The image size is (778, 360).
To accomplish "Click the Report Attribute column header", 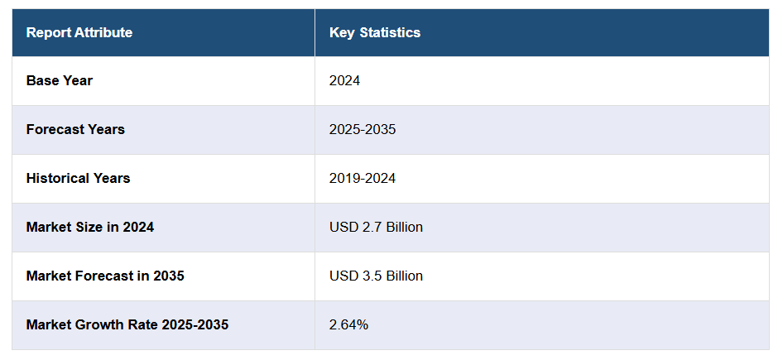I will (x=79, y=33).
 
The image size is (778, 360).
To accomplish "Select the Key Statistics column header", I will (x=374, y=33).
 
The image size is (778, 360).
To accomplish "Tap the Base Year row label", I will (x=60, y=81).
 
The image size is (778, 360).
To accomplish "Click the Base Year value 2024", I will (x=344, y=81).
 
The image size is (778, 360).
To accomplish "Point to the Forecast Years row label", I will (x=75, y=130).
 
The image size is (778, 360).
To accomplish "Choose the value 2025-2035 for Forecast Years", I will (x=362, y=130).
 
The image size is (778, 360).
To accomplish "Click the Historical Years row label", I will (x=78, y=179).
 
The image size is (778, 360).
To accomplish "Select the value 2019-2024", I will (x=362, y=179).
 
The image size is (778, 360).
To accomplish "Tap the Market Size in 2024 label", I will (x=89, y=228).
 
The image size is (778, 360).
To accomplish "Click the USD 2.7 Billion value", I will (x=376, y=228).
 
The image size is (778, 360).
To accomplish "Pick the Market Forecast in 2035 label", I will (x=105, y=276).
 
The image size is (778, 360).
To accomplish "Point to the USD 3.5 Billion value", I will (x=376, y=276).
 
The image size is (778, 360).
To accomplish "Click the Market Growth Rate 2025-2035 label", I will (x=127, y=325).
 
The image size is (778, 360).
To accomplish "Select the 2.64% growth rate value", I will (x=348, y=325).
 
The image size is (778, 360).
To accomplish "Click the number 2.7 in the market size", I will (x=370, y=228).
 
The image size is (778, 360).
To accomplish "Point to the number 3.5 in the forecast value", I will (x=370, y=276).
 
